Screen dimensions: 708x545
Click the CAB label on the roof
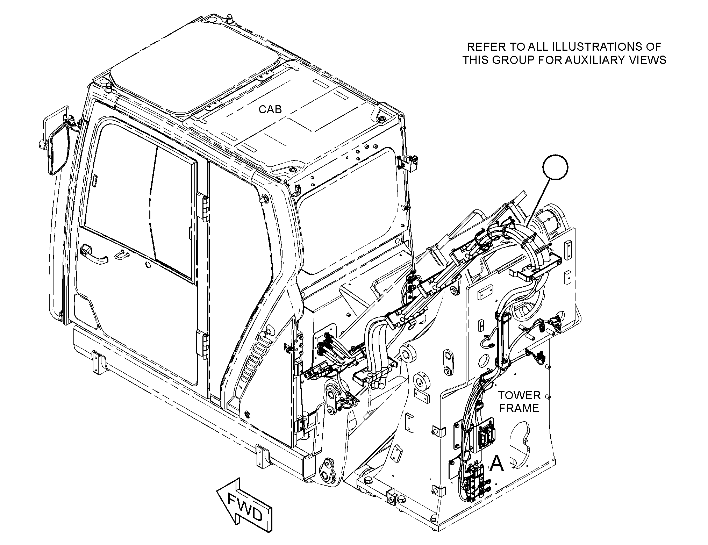270,109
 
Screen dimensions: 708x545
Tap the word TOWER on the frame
519,395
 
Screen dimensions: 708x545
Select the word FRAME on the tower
519,408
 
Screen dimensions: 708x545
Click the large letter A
496,464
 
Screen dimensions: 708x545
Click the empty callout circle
556,167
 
